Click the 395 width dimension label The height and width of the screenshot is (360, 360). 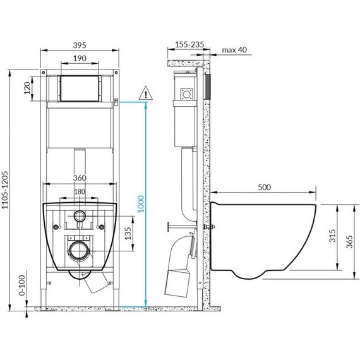tap(79, 46)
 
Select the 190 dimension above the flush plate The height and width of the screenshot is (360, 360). tap(79, 57)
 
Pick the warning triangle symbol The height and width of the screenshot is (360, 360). tap(147, 93)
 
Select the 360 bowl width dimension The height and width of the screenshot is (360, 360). tap(79, 177)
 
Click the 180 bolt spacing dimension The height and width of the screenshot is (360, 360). tap(79, 192)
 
